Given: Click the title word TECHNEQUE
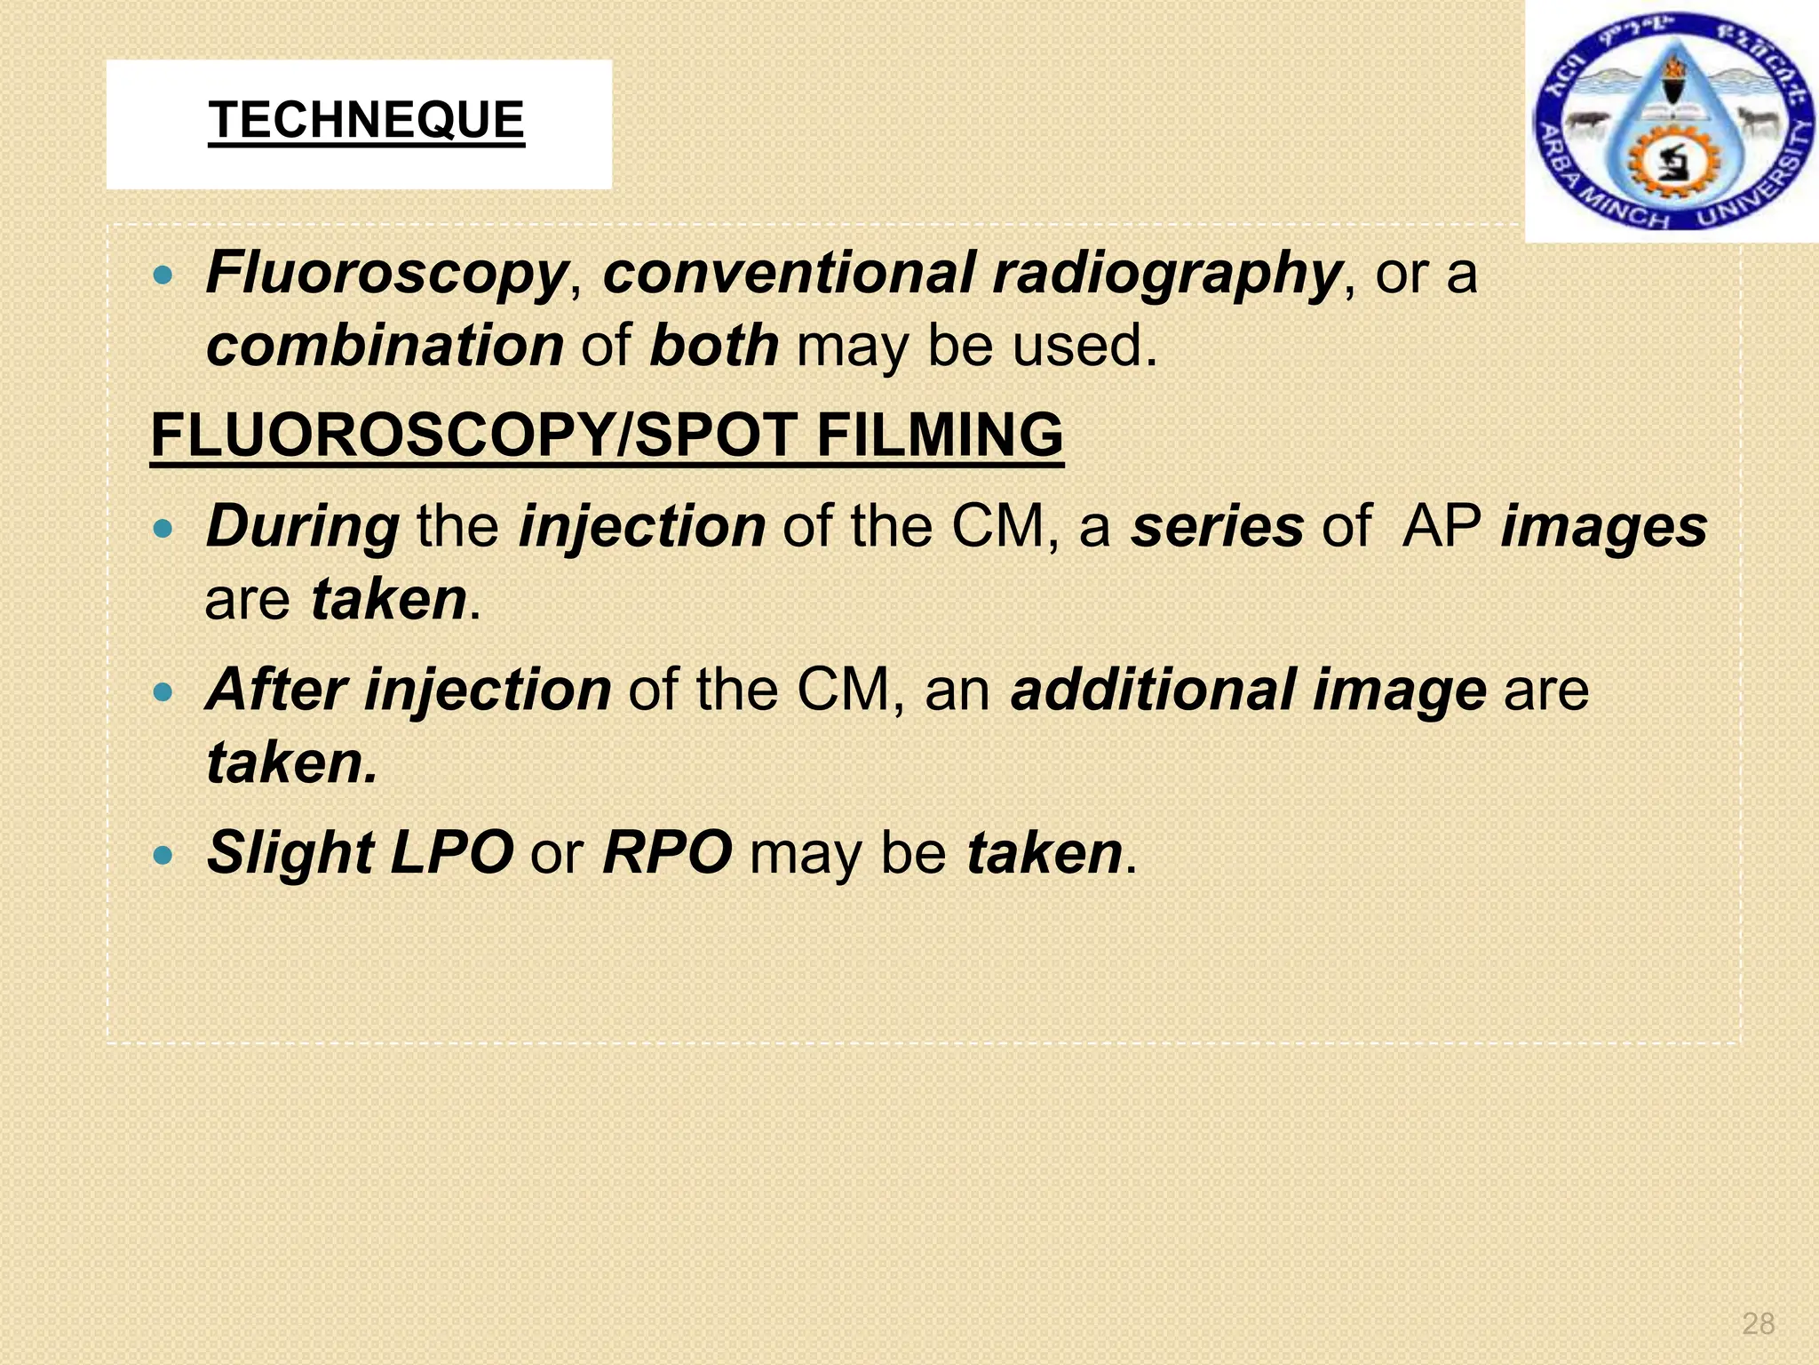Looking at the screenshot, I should coord(366,121).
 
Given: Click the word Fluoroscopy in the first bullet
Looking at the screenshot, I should coord(386,273).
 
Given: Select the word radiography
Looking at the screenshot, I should coord(1166,273).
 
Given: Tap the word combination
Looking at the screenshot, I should coord(385,346).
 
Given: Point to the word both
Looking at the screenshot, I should coord(714,346).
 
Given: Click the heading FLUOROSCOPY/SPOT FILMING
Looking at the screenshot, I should coord(607,435).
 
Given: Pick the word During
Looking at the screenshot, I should coord(303,526).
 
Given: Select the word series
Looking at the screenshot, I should coord(1217,526).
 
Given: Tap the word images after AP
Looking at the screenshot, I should coord(1604,526).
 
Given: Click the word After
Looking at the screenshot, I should coord(276,690).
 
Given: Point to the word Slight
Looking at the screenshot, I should coord(290,853).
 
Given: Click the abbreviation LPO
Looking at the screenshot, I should coord(452,853).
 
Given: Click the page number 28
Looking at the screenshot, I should coord(1758,1323).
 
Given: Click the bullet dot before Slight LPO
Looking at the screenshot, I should coord(163,856).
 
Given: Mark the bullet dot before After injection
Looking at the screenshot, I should coord(163,692).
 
